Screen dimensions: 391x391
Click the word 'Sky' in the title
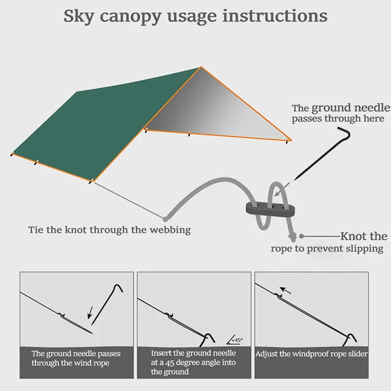79,17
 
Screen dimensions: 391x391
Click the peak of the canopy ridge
201,67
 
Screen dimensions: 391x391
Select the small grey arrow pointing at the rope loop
282,190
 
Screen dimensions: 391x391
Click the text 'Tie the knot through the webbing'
109,230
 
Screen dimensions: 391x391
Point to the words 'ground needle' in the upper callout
351,108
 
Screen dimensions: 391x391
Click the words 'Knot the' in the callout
364,236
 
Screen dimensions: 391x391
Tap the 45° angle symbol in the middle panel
235,340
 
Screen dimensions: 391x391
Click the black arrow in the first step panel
90,313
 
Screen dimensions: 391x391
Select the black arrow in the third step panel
285,290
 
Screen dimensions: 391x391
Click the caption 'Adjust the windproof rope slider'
311,354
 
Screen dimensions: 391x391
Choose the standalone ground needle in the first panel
107,305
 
